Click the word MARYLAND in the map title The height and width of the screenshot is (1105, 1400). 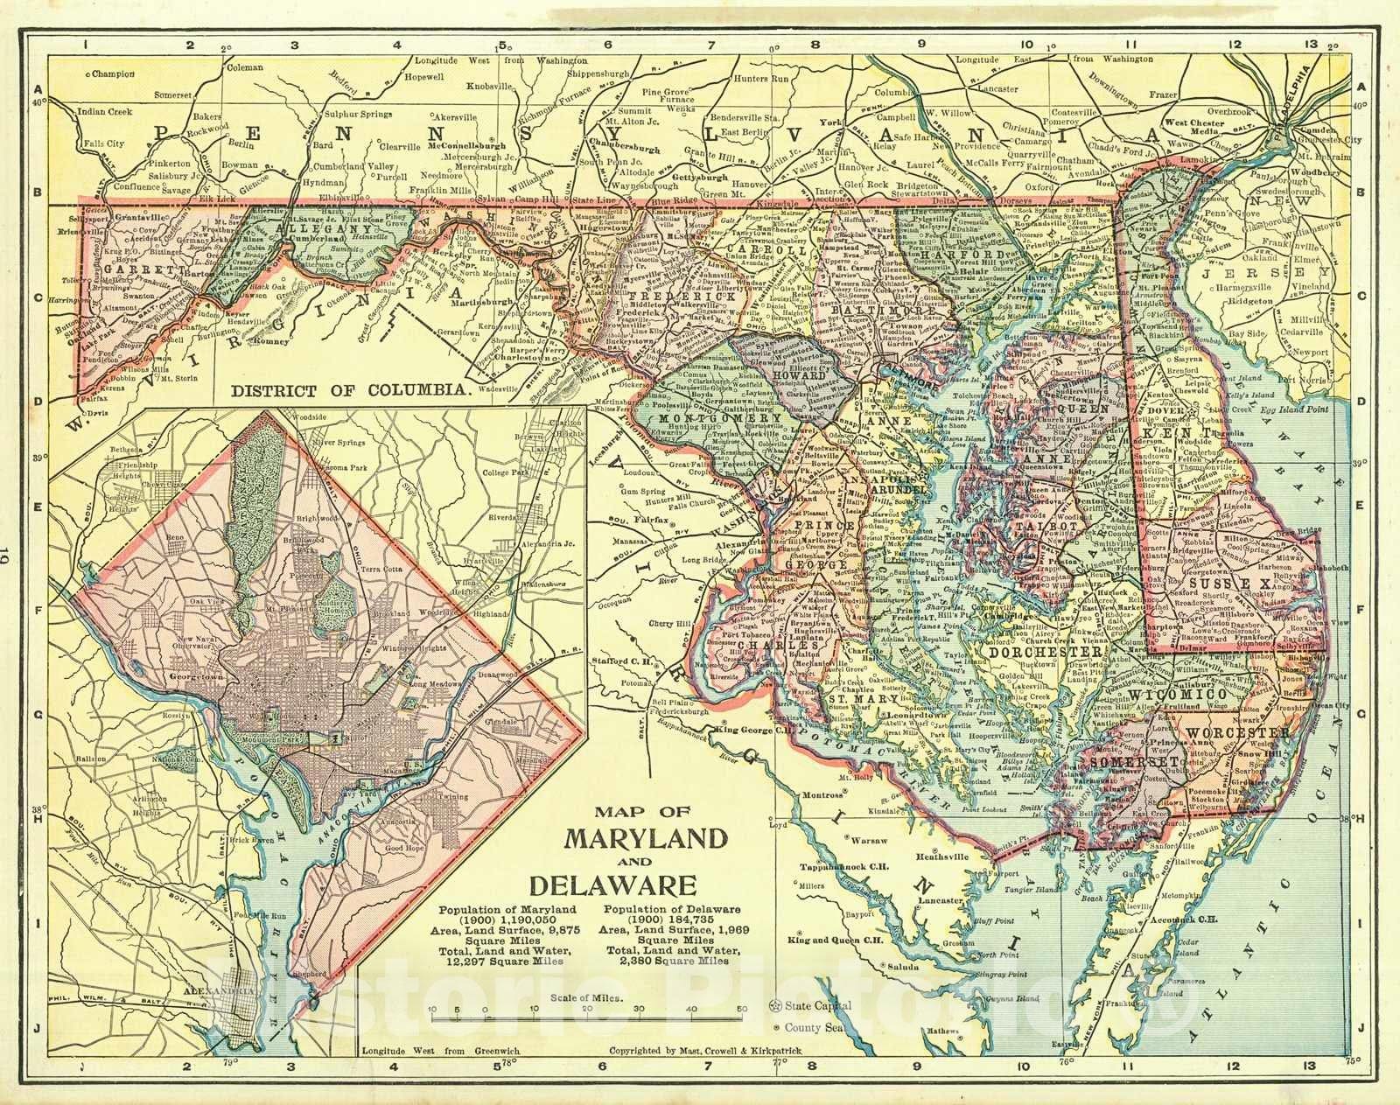pyautogui.click(x=646, y=838)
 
